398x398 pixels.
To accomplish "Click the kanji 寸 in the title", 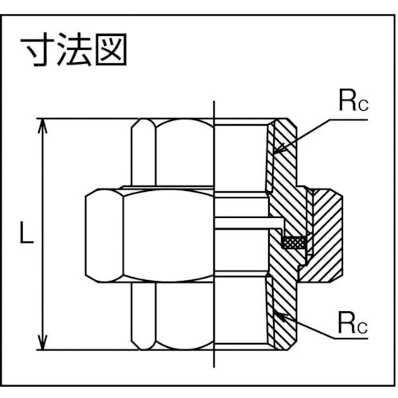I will point(35,51).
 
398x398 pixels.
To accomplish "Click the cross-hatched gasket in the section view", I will point(293,243).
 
